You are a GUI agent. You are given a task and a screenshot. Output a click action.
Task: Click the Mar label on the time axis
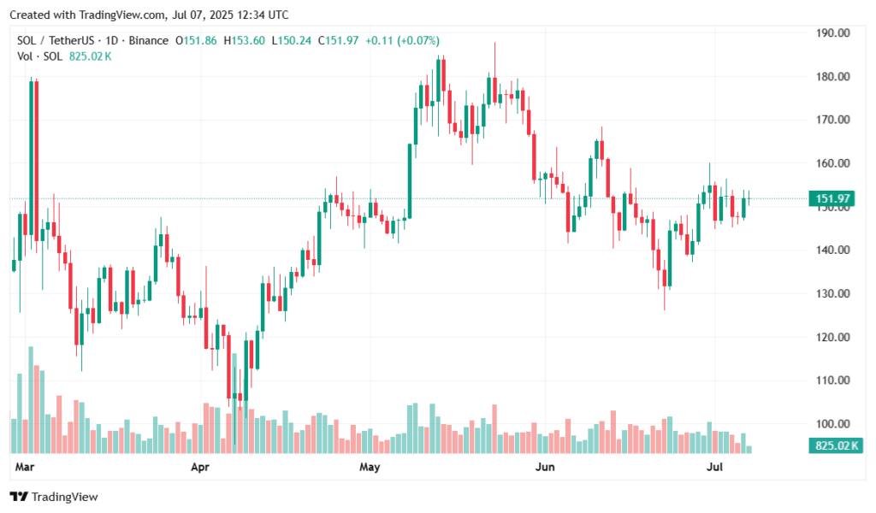(26, 467)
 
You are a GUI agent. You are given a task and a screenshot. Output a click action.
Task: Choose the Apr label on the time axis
(199, 467)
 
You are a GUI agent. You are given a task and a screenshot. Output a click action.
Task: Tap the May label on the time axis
(370, 467)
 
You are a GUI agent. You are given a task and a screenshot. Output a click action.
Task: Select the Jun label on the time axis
(544, 467)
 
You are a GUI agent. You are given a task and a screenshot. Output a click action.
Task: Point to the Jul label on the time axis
(713, 467)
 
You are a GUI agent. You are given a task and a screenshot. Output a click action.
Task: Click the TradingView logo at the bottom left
(53, 497)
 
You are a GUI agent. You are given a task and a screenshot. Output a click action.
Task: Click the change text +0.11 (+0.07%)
(404, 40)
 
